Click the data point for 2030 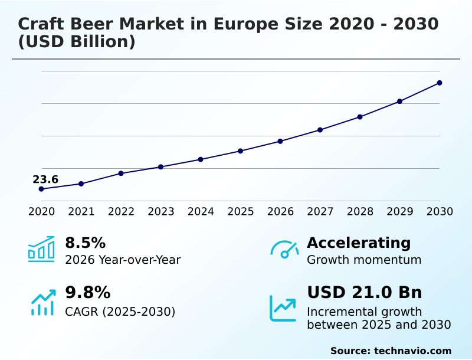440,83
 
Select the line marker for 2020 41,189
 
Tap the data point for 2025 241,151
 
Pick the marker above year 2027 320,130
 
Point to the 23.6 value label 45,179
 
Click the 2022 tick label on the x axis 121,212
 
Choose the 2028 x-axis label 360,212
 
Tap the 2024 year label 201,212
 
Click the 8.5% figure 85,243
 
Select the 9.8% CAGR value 87,293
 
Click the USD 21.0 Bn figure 364,293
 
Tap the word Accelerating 359,243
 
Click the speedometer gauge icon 284,250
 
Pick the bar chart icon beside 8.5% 41,250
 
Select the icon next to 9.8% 42,302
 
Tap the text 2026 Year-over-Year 123,260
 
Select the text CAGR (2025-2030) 120,312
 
